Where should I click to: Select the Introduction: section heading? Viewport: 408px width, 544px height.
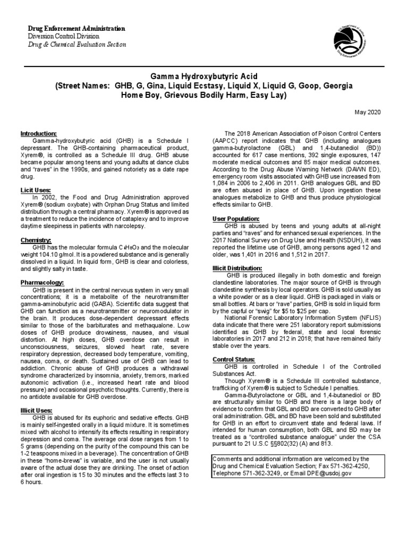[x=39, y=133]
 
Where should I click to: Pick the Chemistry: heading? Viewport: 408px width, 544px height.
[x=36, y=240]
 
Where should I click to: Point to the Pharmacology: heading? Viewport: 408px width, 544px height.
[x=42, y=282]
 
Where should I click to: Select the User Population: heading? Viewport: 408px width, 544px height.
[x=236, y=218]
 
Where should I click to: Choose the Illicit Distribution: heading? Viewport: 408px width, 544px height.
[x=237, y=268]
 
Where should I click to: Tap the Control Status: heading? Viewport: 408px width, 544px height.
[x=233, y=360]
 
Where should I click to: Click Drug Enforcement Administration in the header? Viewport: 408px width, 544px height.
[x=76, y=28]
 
